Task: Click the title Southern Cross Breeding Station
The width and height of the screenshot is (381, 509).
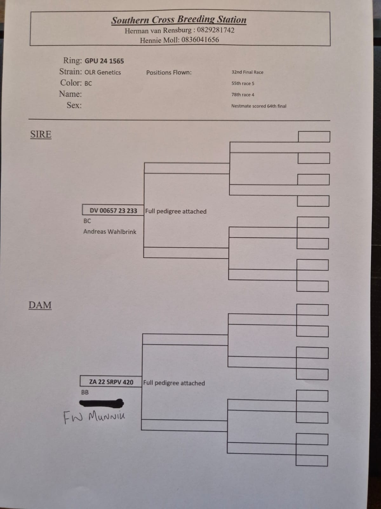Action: click(179, 20)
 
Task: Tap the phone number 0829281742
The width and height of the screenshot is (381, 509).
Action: click(216, 30)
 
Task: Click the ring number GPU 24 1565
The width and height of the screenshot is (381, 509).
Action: click(104, 61)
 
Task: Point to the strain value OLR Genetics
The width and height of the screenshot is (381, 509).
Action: click(103, 72)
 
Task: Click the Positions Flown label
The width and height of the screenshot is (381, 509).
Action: click(169, 73)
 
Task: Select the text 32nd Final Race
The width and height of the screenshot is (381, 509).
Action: click(247, 72)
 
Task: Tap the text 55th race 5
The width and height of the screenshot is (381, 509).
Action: click(243, 83)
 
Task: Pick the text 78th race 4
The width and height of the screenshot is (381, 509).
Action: click(243, 95)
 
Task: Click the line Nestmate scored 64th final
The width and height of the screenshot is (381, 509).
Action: click(258, 106)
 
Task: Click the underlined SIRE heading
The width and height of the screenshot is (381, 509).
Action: click(41, 134)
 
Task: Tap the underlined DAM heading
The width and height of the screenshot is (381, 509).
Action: click(40, 305)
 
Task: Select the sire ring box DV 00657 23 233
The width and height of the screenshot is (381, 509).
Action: click(113, 210)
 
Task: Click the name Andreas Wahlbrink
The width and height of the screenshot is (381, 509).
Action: click(110, 232)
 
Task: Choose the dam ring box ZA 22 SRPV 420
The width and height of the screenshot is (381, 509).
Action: click(111, 381)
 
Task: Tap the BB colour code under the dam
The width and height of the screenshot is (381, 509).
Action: click(85, 392)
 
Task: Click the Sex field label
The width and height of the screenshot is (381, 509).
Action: click(74, 105)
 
